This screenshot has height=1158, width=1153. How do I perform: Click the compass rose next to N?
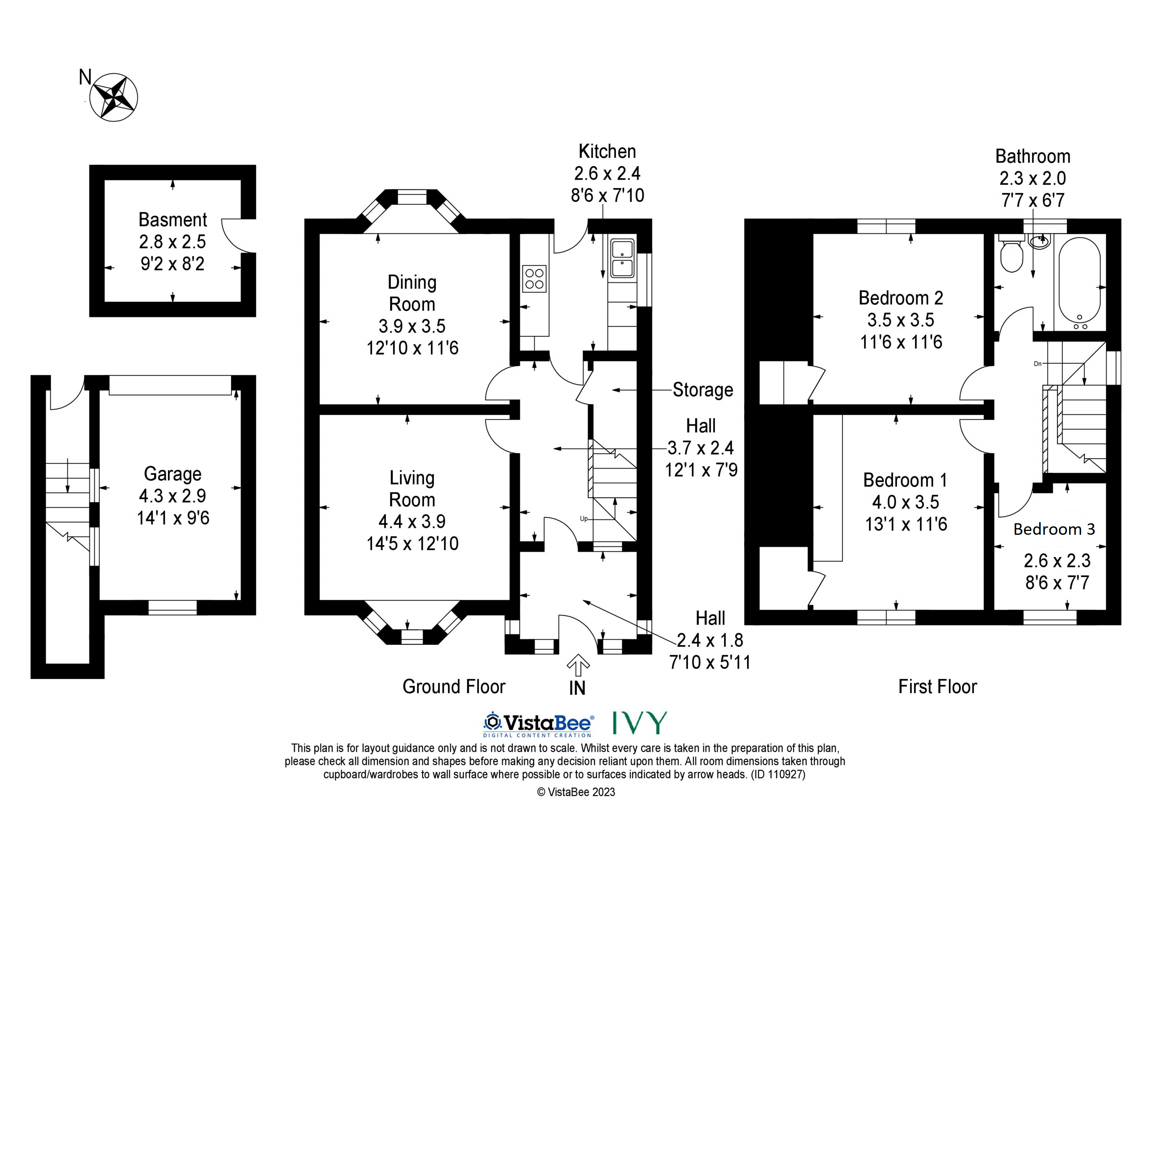[114, 97]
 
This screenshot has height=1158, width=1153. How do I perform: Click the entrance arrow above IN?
[578, 665]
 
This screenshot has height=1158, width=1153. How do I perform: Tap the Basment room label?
[173, 220]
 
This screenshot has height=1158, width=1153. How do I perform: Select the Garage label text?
[173, 474]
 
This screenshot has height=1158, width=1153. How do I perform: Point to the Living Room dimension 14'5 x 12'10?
[412, 544]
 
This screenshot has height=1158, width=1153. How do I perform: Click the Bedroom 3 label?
[1054, 529]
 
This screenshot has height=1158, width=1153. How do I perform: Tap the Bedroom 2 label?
[901, 298]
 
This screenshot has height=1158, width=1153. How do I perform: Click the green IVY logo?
[640, 723]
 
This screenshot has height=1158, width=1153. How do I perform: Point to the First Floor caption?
[937, 687]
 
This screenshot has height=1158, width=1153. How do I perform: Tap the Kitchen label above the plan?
[607, 151]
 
